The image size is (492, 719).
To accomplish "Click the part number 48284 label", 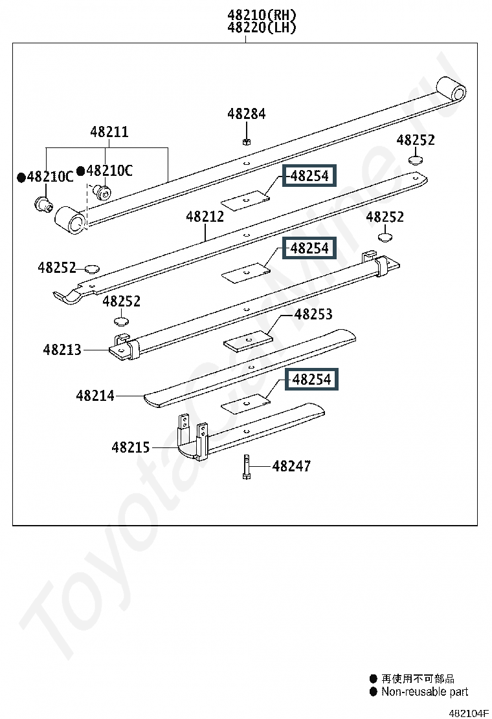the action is click(247, 114).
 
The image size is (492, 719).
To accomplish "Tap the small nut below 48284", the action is click(246, 141).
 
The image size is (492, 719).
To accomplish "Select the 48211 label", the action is click(109, 132).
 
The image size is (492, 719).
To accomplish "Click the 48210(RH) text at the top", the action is click(262, 15).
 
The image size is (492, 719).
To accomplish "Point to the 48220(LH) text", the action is click(262, 28).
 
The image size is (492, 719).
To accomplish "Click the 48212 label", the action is click(205, 217).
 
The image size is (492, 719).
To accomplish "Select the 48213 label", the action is click(62, 350).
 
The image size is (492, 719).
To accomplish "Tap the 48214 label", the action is click(95, 395).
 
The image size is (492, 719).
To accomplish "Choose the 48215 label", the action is click(131, 447).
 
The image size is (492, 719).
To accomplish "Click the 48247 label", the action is click(291, 466).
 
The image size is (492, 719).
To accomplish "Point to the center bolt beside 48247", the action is click(247, 467).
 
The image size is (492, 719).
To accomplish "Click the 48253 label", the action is click(313, 314).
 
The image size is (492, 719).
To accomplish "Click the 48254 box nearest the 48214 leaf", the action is click(311, 379).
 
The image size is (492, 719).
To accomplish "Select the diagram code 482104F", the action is click(468, 713).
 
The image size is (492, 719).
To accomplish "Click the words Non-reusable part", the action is click(425, 691).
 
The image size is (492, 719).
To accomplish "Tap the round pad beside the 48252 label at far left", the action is click(93, 268).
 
